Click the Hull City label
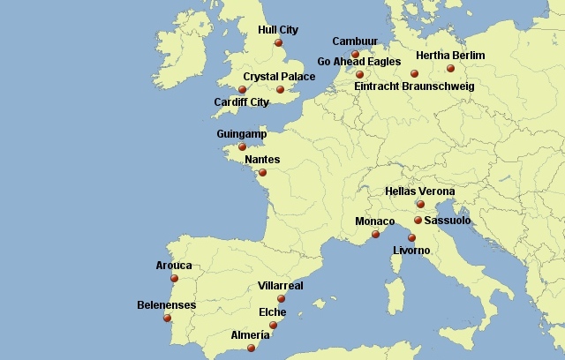(277, 29)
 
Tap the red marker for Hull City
(278, 42)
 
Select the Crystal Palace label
(279, 77)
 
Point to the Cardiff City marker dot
(242, 89)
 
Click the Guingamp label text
(241, 134)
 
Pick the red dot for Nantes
(262, 172)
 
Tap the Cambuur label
(354, 41)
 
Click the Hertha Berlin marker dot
(450, 68)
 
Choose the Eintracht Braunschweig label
(414, 86)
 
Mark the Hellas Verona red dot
(420, 204)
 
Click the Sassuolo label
(447, 221)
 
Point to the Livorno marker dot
(411, 237)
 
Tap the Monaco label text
(375, 221)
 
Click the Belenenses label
(167, 305)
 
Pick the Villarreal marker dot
(282, 299)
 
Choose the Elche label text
(272, 312)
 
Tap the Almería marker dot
(251, 348)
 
